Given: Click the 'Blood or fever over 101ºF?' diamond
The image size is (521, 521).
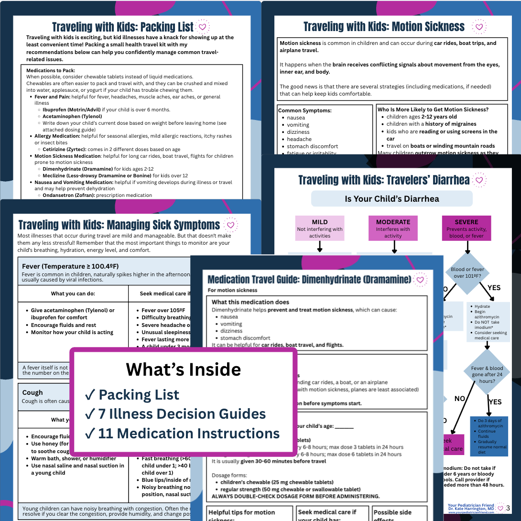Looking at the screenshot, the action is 467,272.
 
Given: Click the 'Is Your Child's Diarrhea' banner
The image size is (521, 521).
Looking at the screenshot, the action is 392,199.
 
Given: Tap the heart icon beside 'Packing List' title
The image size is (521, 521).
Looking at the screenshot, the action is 203,27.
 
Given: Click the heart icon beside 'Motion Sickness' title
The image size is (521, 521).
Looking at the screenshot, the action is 478,27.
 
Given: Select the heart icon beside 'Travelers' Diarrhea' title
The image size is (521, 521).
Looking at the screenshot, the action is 479,180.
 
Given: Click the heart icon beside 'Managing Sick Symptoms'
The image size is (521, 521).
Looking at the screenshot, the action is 230,225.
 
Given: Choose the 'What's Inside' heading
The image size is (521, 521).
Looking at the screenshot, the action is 184,369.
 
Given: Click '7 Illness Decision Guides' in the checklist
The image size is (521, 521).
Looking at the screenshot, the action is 182,414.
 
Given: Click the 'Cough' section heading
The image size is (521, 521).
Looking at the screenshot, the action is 33,392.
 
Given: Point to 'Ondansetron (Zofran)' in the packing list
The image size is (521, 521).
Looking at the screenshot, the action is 70,195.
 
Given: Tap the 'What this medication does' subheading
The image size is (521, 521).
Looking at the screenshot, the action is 250,302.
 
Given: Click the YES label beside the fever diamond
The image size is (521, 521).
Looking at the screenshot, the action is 493,287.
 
